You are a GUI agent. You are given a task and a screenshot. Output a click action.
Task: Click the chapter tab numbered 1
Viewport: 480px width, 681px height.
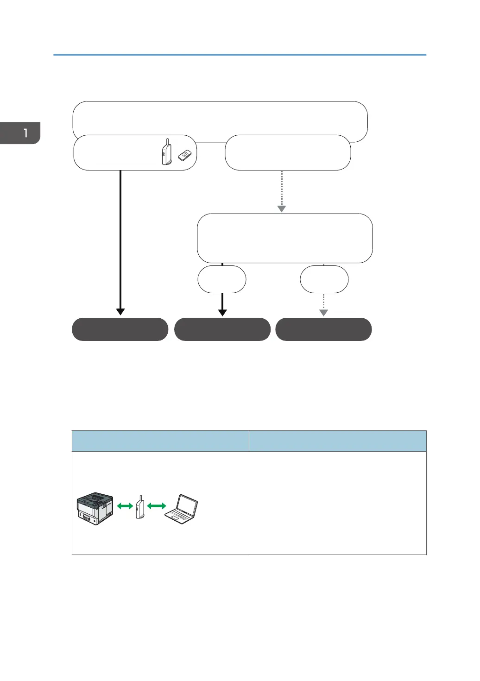click(20, 133)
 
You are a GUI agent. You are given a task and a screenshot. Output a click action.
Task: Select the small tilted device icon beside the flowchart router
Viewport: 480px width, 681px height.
click(184, 156)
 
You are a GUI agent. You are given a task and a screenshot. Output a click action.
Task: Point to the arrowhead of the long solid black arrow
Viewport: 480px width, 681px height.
click(120, 312)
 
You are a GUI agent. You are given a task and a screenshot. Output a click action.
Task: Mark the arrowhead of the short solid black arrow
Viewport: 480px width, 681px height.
click(222, 312)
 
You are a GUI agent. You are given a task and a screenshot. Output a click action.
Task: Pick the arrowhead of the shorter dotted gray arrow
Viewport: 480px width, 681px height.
click(323, 313)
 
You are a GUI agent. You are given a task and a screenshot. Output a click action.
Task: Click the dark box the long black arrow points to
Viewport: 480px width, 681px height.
click(120, 329)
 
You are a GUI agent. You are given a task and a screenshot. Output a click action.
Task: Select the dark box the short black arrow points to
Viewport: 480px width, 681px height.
click(222, 329)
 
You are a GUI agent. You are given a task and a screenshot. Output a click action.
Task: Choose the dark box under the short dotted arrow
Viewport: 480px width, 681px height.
click(323, 329)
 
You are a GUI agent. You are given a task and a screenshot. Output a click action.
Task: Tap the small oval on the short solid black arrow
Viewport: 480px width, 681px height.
click(222, 279)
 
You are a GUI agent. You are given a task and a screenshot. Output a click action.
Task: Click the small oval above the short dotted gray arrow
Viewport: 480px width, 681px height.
click(324, 279)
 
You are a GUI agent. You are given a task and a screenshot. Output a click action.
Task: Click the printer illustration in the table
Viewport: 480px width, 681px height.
click(95, 508)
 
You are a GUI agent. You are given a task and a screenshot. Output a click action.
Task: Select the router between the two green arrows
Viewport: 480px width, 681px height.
click(140, 507)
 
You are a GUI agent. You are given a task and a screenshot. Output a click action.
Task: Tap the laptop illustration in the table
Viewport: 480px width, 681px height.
click(182, 509)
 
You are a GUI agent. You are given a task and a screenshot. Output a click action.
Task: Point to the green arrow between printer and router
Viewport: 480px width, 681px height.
click(125, 506)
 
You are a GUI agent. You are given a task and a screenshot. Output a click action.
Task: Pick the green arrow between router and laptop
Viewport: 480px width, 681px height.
click(157, 506)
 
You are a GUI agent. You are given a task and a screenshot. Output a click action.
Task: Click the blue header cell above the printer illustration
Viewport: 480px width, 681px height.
click(160, 441)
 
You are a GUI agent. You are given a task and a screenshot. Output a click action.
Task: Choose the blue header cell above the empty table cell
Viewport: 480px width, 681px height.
click(337, 441)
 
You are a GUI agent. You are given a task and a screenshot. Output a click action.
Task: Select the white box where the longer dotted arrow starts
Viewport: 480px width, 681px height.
click(288, 152)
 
